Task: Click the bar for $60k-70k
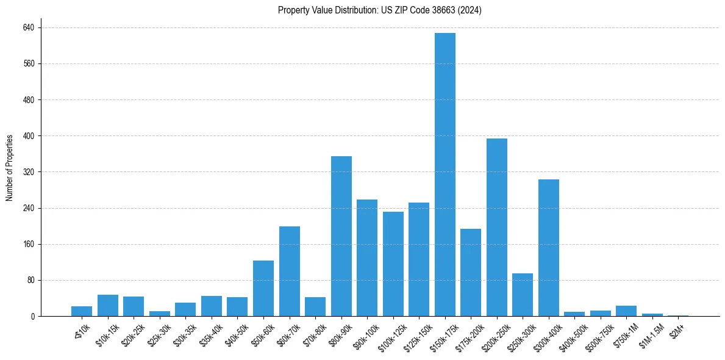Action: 289,271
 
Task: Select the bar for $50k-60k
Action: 263,288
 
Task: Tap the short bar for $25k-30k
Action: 160,314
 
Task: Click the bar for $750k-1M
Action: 626,311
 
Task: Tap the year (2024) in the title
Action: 471,10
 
